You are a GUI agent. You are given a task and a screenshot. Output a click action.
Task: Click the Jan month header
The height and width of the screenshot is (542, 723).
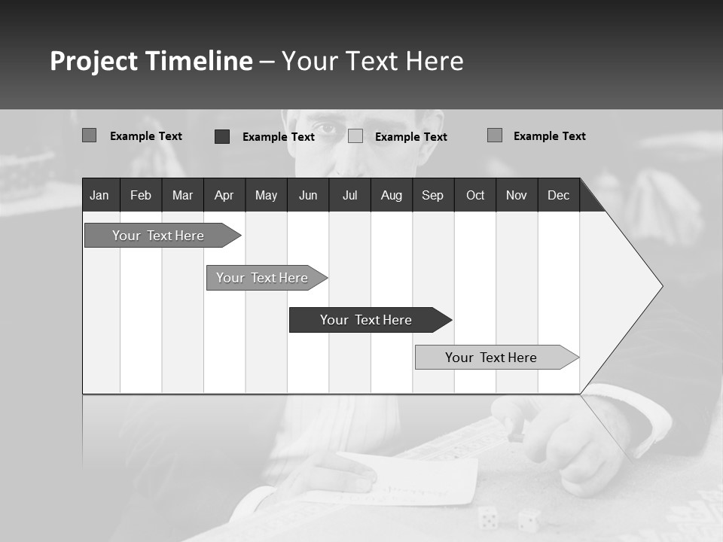click(100, 195)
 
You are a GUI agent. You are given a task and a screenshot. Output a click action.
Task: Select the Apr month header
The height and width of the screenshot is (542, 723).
click(224, 195)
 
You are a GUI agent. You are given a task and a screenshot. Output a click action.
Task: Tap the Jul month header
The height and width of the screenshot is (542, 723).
click(349, 195)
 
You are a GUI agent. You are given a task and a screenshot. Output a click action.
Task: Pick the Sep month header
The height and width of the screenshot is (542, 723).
click(432, 195)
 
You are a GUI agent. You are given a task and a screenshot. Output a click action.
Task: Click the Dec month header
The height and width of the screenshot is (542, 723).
click(558, 195)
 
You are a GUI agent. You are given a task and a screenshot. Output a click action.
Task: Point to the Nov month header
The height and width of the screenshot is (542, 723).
click(516, 195)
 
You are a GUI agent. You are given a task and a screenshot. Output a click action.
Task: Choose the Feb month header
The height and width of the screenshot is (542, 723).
click(141, 195)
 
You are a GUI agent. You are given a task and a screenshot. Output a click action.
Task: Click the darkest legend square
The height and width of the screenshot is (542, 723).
click(222, 136)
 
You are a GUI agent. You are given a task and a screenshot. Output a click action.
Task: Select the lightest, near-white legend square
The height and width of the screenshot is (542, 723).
click(355, 136)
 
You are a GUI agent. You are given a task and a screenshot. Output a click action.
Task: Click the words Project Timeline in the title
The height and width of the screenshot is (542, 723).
click(151, 61)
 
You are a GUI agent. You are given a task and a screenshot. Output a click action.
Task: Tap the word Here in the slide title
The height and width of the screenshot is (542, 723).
click(434, 61)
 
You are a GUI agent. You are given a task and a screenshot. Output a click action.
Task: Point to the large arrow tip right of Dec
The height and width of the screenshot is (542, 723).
click(633, 286)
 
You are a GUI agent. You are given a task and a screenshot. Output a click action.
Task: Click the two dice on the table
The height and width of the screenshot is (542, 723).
click(508, 519)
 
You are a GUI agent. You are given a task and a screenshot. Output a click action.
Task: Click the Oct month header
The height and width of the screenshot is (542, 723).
click(475, 195)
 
